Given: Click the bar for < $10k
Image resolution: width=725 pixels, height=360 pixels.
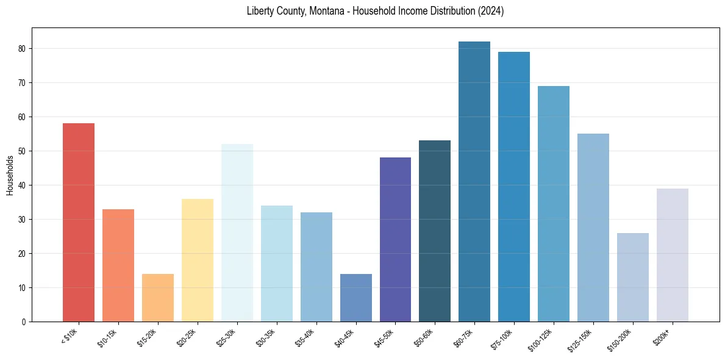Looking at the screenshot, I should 79,222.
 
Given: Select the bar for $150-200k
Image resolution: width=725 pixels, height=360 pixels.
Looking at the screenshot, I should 632,277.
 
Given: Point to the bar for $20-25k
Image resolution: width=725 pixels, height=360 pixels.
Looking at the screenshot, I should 198,260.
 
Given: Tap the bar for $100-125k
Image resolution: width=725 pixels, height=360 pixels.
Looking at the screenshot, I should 553,204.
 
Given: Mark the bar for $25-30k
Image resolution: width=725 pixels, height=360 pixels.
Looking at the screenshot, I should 237,232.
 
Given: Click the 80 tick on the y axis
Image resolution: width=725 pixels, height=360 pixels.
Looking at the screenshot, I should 22,49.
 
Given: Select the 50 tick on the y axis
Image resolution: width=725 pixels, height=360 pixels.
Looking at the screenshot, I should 22,151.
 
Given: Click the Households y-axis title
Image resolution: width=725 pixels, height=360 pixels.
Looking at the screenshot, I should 10,175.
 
